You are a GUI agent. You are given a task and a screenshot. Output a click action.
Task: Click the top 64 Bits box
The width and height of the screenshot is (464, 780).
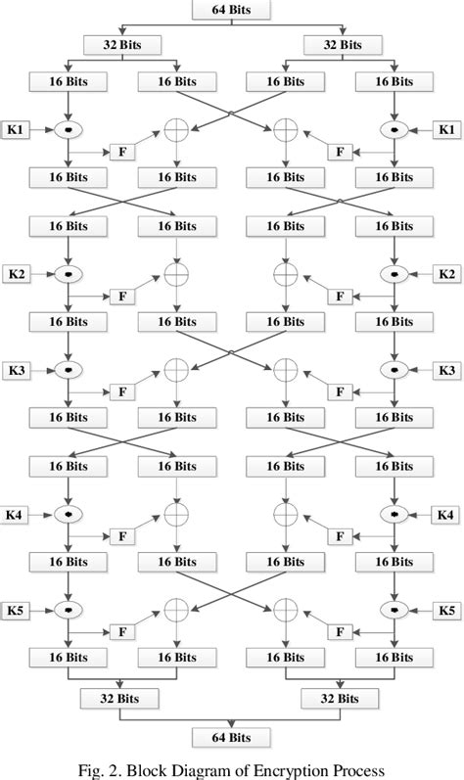[x=231, y=10]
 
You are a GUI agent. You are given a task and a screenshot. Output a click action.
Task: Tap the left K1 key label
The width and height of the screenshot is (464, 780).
[x=17, y=129]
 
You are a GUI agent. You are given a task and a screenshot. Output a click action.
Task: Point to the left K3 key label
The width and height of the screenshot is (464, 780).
[x=17, y=370]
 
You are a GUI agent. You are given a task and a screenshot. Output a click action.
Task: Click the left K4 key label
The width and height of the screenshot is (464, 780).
[x=17, y=514]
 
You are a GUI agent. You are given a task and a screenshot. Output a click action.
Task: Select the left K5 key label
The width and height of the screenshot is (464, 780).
[x=17, y=610]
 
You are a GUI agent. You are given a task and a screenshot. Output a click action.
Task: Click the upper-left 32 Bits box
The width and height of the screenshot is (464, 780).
[x=122, y=44]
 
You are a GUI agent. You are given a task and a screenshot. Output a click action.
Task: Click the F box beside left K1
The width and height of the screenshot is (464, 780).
[x=122, y=153]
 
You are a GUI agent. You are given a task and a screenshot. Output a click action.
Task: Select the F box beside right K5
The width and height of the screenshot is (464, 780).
[x=340, y=632]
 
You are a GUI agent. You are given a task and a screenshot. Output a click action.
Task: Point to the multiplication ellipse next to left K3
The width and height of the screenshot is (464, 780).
[x=68, y=370]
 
